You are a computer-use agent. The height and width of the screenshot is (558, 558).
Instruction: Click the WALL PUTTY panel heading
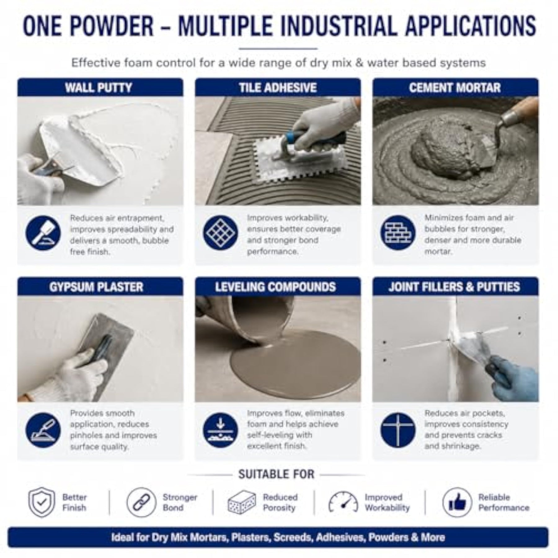99,88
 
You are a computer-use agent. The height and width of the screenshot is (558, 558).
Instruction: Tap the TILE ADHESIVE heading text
278,88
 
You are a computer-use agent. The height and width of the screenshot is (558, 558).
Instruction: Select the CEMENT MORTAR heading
455,88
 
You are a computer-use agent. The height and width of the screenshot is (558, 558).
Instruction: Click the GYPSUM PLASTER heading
96,287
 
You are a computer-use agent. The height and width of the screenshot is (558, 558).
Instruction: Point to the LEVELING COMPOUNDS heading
276,287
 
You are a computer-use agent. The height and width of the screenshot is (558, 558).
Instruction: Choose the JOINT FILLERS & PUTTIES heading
454,287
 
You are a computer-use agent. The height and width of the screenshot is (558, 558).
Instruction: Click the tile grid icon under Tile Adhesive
220,232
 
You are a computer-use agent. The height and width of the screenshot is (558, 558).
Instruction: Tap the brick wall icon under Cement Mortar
398,232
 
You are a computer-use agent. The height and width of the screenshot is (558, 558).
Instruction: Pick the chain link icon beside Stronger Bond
141,503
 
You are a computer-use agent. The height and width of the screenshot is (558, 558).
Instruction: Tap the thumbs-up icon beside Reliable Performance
457,503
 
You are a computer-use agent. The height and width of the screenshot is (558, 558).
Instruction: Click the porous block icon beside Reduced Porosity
242,503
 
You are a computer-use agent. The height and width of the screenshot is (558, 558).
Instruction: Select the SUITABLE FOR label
276,475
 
